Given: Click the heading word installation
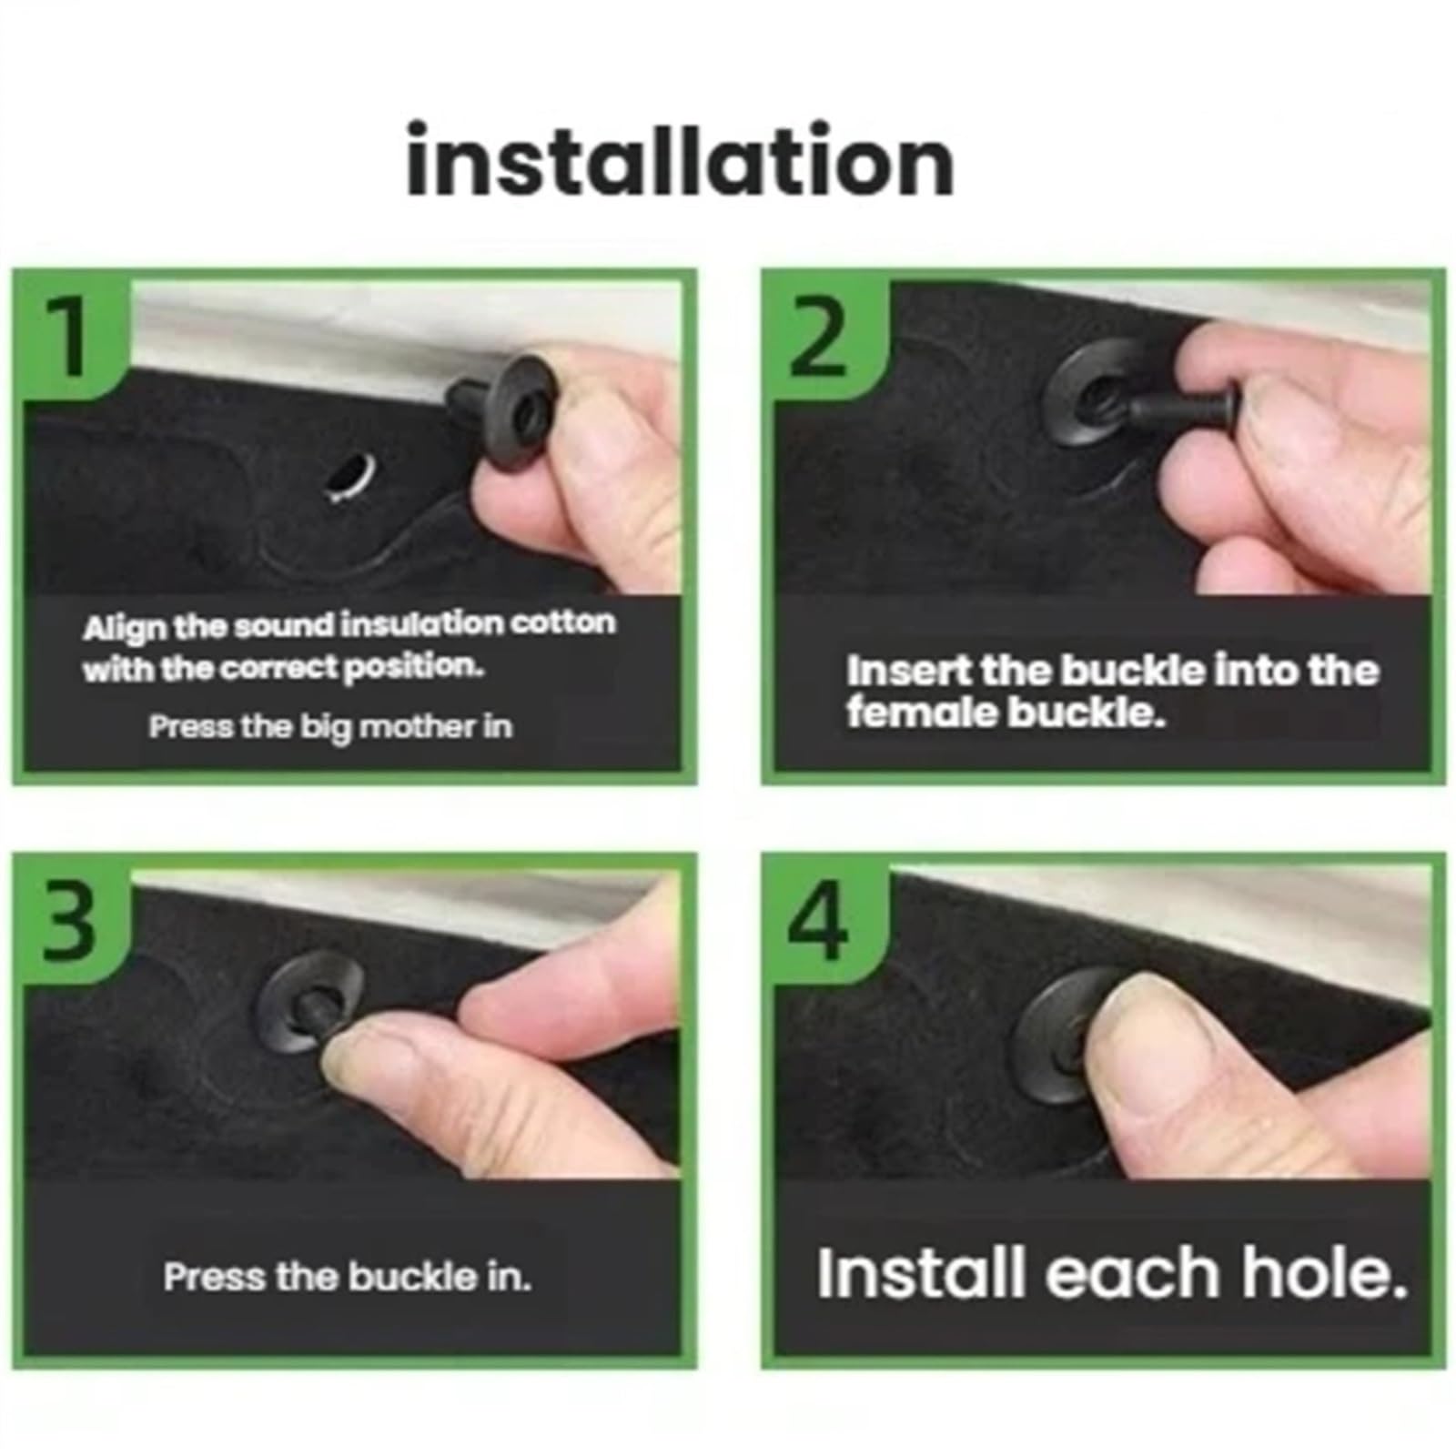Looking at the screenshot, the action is (680, 161).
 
